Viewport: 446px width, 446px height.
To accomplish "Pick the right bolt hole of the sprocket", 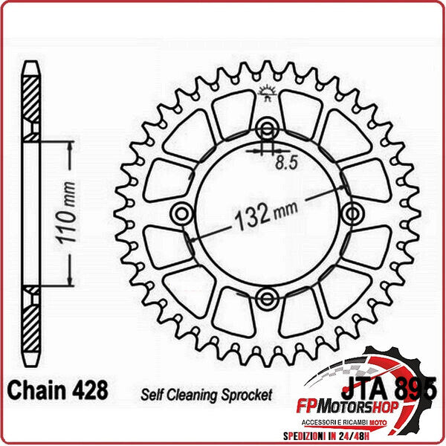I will pos(351,214).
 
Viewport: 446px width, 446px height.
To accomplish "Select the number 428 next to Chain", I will pos(88,390).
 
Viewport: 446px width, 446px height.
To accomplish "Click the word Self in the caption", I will pos(150,394).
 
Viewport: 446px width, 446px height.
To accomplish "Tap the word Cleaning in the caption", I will pos(190,394).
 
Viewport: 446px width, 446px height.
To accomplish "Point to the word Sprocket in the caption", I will pos(245,394).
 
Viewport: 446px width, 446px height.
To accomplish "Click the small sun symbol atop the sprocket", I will pos(265,93).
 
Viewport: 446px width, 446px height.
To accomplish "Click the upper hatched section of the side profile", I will pos(30,104).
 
